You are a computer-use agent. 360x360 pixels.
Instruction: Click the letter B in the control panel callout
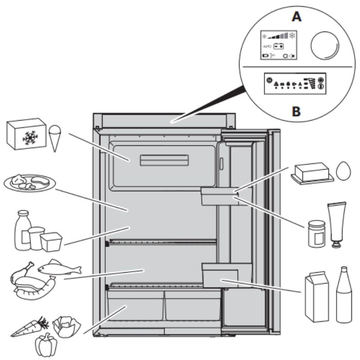296,110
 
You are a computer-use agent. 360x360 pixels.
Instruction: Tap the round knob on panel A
324,45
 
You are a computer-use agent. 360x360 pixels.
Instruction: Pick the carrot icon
30,328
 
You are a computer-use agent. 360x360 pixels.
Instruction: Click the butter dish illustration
312,173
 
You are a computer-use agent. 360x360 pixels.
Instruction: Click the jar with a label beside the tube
317,233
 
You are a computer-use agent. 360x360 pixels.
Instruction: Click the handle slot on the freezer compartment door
164,160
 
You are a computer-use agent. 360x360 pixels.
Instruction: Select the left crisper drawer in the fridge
135,306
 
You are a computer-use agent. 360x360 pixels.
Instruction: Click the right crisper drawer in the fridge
192,306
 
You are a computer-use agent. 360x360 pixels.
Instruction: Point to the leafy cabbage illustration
66,325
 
